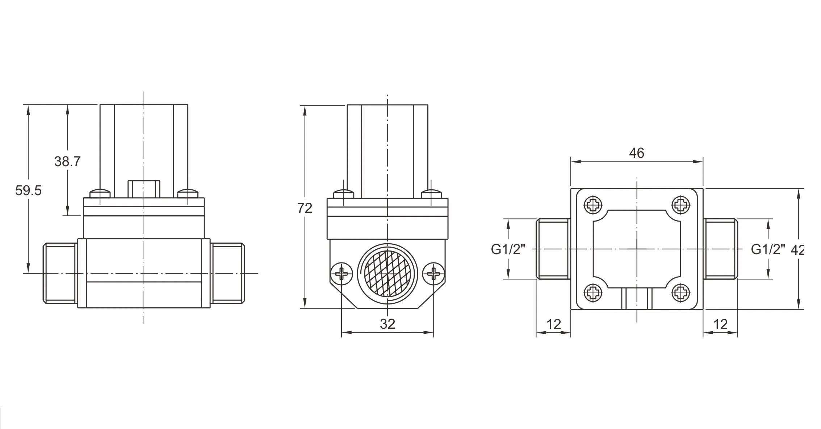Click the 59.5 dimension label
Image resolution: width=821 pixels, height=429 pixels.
pos(28,190)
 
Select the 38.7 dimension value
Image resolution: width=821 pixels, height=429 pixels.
pos(67,161)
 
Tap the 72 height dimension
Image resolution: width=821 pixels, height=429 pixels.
pos(305,208)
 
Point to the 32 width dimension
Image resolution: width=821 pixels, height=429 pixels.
pos(387,324)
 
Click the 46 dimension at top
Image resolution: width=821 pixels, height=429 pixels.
pos(636,153)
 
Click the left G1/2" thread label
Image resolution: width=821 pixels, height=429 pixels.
pos(508,249)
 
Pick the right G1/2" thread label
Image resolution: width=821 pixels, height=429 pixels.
pos(768,249)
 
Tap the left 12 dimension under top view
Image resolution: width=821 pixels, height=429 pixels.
pos(553,324)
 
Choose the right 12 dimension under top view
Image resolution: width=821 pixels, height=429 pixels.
pos(720,324)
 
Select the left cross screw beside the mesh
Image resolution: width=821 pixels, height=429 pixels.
pos(341,273)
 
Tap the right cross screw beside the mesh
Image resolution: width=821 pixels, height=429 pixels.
pos(433,273)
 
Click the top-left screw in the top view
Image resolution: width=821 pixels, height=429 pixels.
pos(593,205)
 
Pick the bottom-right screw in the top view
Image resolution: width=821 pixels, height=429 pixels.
pos(681,293)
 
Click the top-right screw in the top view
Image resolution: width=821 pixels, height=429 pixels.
pos(681,205)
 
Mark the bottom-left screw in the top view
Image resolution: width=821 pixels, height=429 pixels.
pos(593,293)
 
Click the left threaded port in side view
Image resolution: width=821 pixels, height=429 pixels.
pos(60,273)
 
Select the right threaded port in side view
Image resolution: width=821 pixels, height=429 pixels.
pos(227,273)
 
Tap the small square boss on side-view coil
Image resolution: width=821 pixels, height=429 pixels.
pos(144,189)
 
